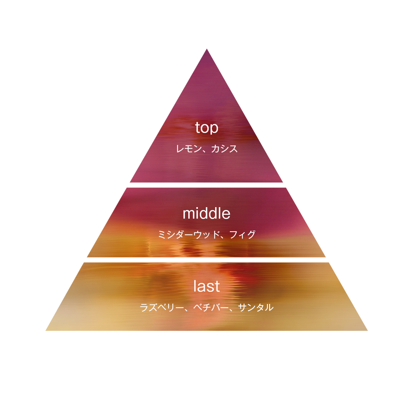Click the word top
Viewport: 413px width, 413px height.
[x=206, y=128]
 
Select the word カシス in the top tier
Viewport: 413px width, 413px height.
[x=225, y=149]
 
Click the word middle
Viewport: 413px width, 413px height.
[x=206, y=213]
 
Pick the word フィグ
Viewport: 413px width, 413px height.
[x=242, y=234]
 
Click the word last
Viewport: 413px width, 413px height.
[x=206, y=286]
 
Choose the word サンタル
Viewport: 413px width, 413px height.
[x=256, y=308]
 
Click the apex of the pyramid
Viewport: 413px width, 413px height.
[x=206, y=49]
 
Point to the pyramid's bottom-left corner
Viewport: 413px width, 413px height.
[x=46, y=330]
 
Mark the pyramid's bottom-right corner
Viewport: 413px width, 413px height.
[x=368, y=330]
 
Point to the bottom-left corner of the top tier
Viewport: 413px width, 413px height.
[x=130, y=182]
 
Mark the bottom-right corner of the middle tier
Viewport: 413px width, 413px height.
[x=326, y=257]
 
